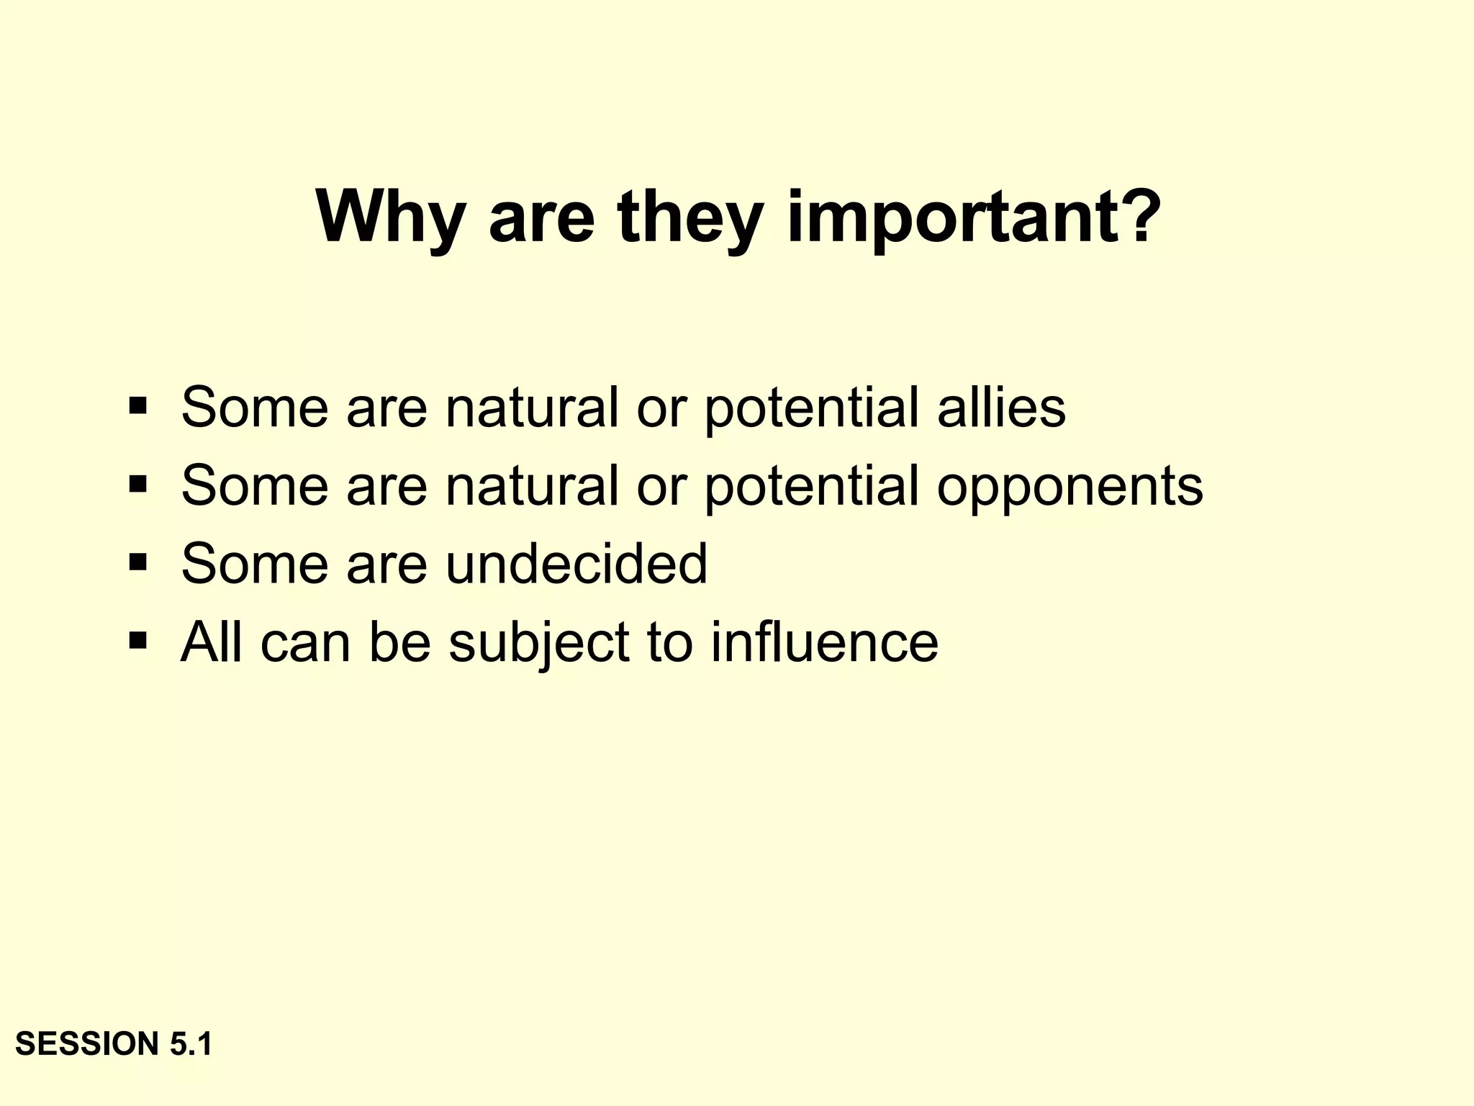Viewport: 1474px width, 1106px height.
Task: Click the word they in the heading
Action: point(690,217)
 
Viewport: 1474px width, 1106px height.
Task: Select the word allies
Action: point(1000,408)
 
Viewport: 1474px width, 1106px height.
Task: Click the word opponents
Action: point(1070,487)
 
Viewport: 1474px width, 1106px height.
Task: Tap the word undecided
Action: point(577,564)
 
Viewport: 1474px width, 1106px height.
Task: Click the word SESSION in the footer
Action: point(87,1044)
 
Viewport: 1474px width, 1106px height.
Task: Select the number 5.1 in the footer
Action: point(191,1044)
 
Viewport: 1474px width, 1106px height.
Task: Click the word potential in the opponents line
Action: point(811,487)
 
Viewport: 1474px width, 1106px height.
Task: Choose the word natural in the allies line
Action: point(532,408)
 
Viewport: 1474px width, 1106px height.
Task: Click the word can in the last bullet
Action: point(305,643)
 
